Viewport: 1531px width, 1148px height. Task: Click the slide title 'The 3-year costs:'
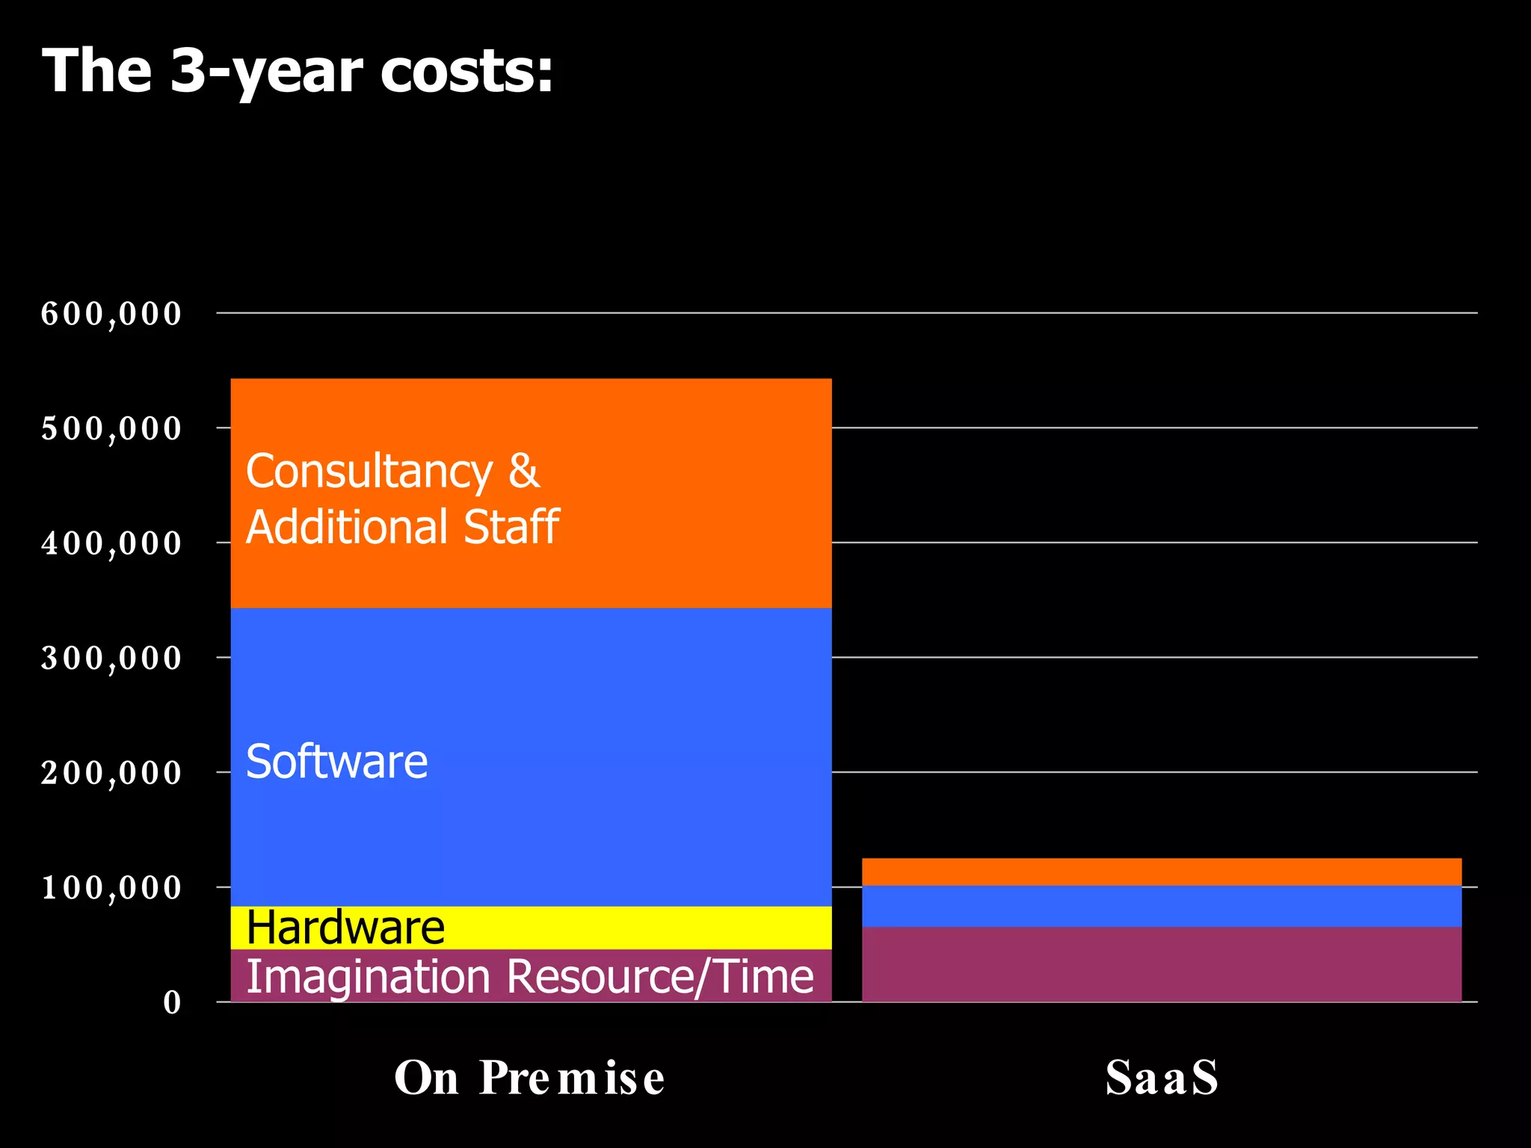[298, 72]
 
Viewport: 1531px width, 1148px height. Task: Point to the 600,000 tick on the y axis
[111, 314]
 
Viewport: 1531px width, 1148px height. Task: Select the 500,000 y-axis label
[111, 429]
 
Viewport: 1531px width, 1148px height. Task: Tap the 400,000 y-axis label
[111, 543]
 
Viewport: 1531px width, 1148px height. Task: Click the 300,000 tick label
[111, 658]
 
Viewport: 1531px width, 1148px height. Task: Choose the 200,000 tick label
[111, 773]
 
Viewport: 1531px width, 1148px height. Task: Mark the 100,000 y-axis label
[111, 888]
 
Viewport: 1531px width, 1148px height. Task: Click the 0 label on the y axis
[172, 1003]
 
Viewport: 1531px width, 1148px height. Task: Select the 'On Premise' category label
[529, 1078]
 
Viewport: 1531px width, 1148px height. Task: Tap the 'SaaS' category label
[1162, 1078]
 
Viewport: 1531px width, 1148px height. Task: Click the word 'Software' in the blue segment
[336, 762]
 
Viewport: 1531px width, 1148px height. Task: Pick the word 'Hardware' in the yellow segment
[345, 928]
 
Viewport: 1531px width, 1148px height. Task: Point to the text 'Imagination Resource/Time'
[529, 977]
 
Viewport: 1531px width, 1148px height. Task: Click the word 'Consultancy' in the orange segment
[369, 472]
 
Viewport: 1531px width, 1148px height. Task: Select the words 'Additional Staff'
[402, 527]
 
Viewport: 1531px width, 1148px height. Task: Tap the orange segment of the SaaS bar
[1162, 871]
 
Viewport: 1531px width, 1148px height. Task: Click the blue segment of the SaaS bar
[1162, 906]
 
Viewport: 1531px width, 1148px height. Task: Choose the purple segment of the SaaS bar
[1162, 964]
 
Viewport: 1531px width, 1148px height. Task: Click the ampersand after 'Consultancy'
[524, 472]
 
